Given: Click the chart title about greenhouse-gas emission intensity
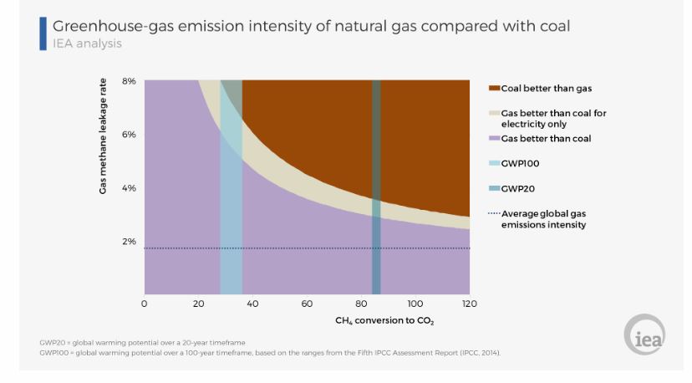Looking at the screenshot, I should [x=311, y=26].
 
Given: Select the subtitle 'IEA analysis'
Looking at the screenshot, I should [x=87, y=43].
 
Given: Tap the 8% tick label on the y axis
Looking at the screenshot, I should [x=129, y=81].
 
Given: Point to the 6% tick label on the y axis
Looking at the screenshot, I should [x=129, y=135].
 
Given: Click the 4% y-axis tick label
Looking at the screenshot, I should [x=129, y=188].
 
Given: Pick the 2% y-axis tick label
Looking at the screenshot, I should [x=129, y=242].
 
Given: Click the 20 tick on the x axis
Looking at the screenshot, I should [x=199, y=304].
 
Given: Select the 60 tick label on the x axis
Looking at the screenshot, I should [x=307, y=304].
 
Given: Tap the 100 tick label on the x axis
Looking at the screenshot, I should [x=415, y=304].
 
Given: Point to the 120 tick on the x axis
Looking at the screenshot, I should [x=469, y=304].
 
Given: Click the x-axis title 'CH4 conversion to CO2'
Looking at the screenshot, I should [x=384, y=321].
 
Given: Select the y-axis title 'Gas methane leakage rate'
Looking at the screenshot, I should [x=104, y=137].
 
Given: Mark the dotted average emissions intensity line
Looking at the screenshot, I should [x=334, y=248].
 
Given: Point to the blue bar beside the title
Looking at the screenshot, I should [x=43, y=33].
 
